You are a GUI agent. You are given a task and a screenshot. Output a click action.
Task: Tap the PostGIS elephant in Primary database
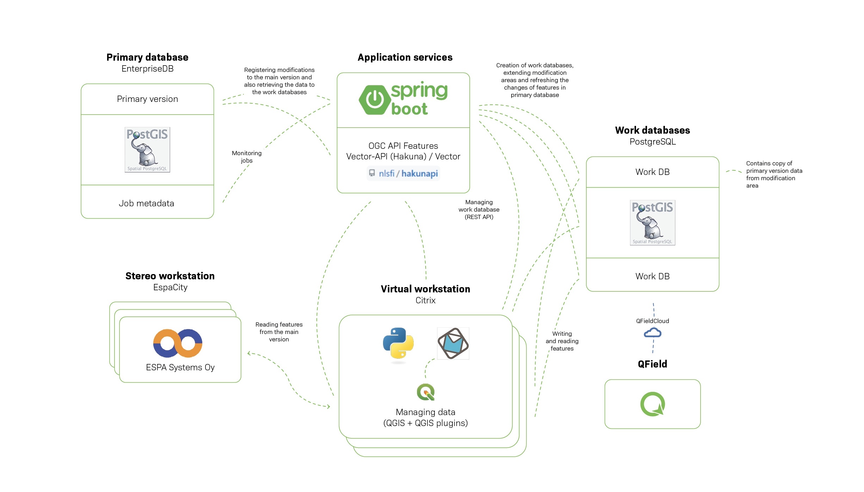pos(147,150)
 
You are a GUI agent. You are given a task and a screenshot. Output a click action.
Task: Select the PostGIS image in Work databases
pos(652,223)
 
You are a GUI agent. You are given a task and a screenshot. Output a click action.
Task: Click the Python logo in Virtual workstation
pos(398,344)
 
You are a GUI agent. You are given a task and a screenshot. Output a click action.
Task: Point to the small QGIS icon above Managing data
pos(426,392)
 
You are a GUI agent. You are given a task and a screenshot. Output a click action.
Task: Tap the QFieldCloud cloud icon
pos(652,333)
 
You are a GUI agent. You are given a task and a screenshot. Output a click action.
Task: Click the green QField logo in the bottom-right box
pos(652,404)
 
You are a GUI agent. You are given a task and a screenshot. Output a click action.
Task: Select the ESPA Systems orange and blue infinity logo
pos(178,343)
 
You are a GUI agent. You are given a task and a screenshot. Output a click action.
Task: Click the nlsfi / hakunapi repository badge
pos(403,174)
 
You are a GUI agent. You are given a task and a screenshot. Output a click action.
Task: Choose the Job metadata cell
pos(147,203)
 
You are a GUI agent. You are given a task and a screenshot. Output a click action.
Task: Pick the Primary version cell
pos(147,99)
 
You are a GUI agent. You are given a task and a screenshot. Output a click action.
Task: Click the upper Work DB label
pos(652,172)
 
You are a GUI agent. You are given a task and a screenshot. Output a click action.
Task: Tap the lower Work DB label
pos(652,276)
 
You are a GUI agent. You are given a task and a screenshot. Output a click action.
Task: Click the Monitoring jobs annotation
pos(247,157)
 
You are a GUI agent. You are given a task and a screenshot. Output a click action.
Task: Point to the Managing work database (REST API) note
pos(479,209)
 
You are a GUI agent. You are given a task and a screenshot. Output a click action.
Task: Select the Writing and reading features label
pos(562,341)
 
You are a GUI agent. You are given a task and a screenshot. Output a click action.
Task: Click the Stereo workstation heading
pos(170,276)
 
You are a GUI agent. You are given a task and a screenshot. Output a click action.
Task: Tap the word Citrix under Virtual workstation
pos(425,300)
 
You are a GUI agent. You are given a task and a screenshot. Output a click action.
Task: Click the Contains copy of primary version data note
pos(774,174)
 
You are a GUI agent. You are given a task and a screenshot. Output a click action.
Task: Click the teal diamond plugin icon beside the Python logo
pos(453,344)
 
